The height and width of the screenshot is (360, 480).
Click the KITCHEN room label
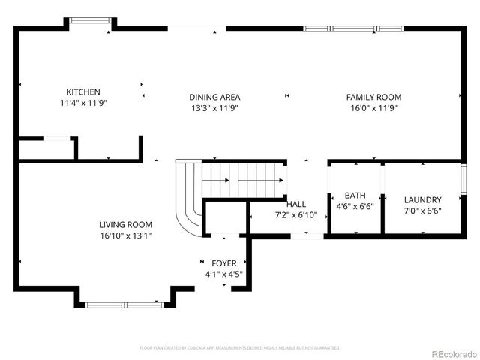click(x=82, y=91)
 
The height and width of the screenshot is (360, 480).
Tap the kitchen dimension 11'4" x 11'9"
click(x=82, y=103)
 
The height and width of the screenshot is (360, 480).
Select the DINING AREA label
click(x=214, y=97)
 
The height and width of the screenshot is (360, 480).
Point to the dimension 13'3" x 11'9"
click(x=214, y=108)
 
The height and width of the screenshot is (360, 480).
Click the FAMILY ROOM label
click(x=373, y=97)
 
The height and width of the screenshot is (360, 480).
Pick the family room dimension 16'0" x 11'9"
click(x=373, y=108)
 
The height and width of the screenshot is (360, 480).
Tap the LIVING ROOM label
click(x=125, y=224)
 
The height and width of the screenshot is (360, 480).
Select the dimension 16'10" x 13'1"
click(x=125, y=235)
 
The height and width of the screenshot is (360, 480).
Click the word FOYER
click(x=223, y=263)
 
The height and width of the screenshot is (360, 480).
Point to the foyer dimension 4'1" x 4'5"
click(x=223, y=274)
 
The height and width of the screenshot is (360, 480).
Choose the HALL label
click(x=296, y=204)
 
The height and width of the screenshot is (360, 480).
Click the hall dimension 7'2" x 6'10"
click(x=296, y=215)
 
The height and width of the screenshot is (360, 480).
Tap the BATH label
click(x=355, y=195)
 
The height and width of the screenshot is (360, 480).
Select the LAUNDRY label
click(x=422, y=200)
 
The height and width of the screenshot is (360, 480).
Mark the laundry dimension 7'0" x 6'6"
click(x=422, y=211)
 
